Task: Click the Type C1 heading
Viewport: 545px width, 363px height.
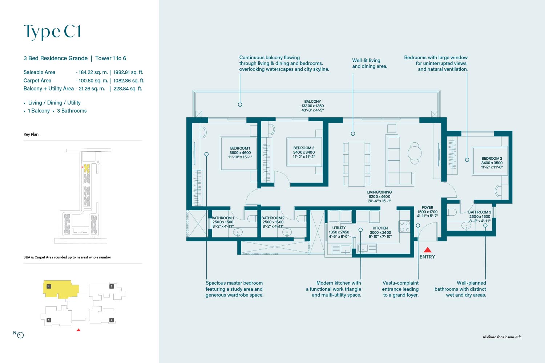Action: pos(52,32)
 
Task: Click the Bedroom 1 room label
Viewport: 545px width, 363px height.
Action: pos(240,153)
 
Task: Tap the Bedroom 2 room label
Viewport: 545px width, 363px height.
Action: pos(304,152)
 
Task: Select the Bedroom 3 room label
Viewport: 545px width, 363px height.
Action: pos(492,163)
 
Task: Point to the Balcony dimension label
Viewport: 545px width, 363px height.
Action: pos(312,106)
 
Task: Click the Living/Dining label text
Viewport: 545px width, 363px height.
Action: pos(379,196)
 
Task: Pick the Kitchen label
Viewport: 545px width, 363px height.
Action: pos(380,232)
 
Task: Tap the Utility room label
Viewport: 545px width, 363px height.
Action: pos(339,232)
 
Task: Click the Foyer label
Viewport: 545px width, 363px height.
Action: pos(427,212)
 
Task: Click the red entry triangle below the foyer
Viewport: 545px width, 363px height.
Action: pos(428,250)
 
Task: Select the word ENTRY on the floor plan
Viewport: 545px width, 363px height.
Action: pos(427,257)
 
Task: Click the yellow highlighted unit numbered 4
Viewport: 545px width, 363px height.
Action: pos(61,289)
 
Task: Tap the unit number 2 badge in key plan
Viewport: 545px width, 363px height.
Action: pos(112,320)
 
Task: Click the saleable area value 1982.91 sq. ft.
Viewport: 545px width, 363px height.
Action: pos(128,72)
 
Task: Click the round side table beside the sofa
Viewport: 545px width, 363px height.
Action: pos(415,153)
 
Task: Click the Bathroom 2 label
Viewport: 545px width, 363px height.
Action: pos(273,222)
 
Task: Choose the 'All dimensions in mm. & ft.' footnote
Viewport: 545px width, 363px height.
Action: pos(502,337)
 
